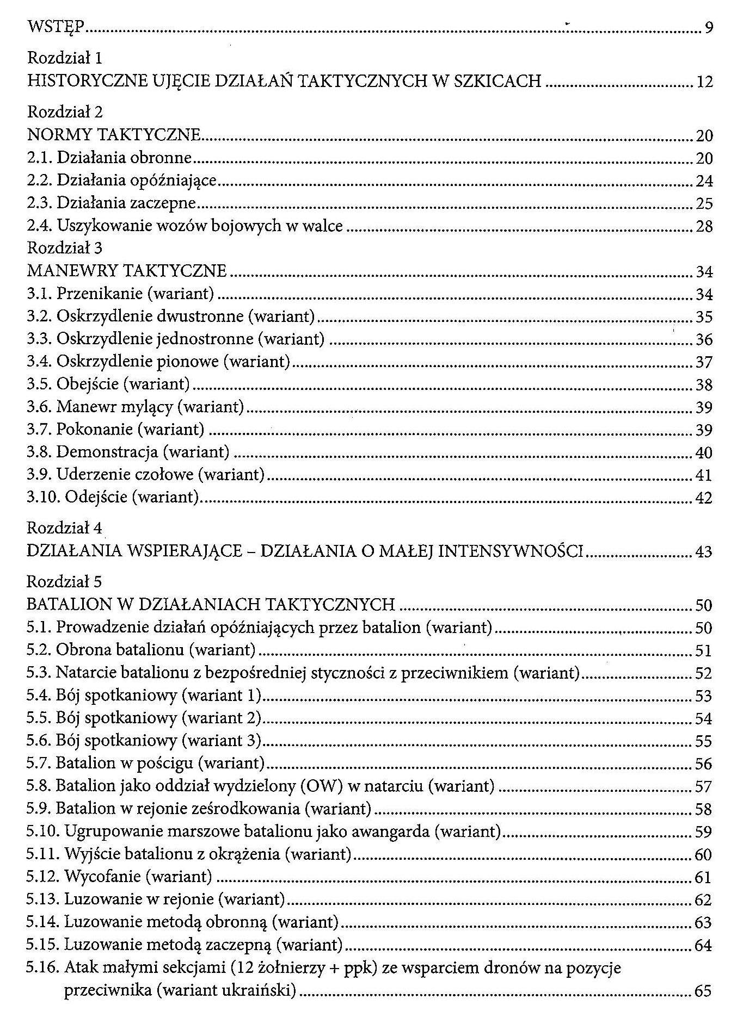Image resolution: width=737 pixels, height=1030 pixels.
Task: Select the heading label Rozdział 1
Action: pyautogui.click(x=65, y=58)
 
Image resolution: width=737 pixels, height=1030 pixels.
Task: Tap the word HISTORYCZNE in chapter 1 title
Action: pyautogui.click(x=87, y=81)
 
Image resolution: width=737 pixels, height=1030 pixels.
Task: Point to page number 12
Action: pyautogui.click(x=704, y=82)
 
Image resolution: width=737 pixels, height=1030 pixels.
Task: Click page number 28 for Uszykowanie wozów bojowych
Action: pyautogui.click(x=704, y=227)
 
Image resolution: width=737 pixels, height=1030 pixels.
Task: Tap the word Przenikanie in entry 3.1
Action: pyautogui.click(x=100, y=294)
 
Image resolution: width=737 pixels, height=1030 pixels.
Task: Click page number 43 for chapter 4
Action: pyautogui.click(x=704, y=552)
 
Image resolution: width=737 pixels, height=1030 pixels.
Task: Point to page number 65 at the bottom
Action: pyautogui.click(x=703, y=991)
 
